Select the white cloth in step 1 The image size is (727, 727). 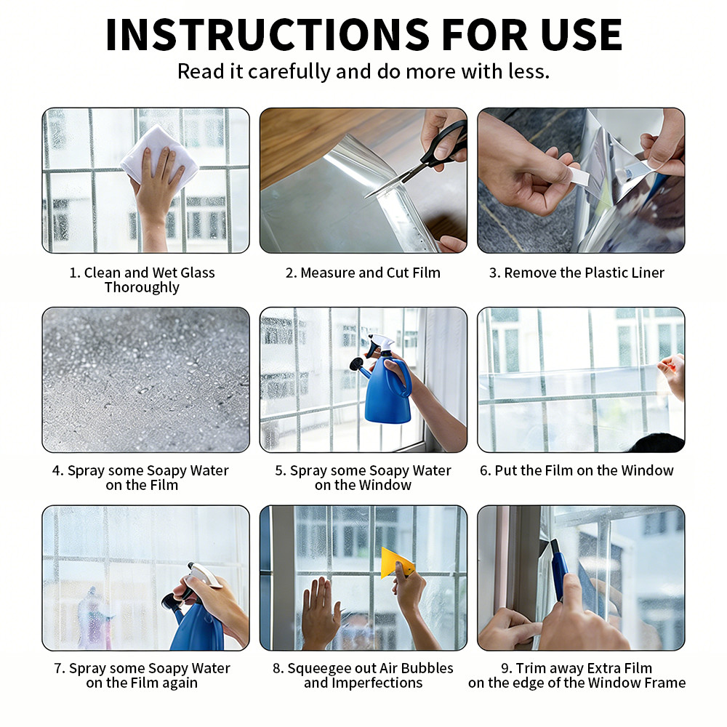tap(159, 154)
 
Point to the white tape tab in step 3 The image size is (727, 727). tap(578, 176)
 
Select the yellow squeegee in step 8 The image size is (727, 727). tap(397, 563)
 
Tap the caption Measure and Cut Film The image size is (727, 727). tap(363, 273)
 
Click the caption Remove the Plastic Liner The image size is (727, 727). tap(577, 273)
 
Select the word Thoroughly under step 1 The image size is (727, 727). tap(142, 287)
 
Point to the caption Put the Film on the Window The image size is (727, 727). tap(577, 470)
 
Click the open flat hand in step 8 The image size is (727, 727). tap(319, 612)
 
